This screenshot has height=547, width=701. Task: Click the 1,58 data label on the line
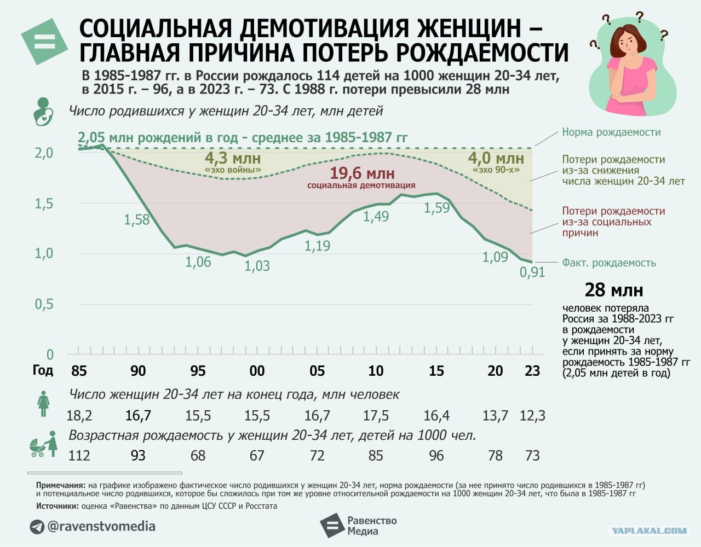(136, 220)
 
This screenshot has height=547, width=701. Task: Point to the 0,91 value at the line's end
(532, 272)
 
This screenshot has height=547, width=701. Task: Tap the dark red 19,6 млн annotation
(361, 174)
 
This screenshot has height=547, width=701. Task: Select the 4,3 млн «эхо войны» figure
(233, 159)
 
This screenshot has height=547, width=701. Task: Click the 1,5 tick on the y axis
(44, 203)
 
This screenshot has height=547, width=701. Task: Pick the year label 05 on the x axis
(317, 371)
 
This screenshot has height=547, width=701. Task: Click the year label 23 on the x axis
(532, 371)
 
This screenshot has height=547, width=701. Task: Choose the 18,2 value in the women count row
(79, 416)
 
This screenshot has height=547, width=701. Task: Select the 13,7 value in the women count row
(495, 416)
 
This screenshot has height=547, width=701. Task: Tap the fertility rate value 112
(79, 455)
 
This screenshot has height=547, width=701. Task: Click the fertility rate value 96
(436, 455)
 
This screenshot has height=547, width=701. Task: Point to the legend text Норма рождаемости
(611, 132)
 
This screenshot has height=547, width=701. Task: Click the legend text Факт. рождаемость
(608, 263)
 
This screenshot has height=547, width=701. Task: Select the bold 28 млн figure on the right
(613, 289)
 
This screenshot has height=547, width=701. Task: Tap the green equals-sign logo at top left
(45, 42)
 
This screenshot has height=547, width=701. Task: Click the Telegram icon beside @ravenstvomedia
(37, 527)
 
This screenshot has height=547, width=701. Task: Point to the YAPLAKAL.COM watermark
(648, 530)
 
